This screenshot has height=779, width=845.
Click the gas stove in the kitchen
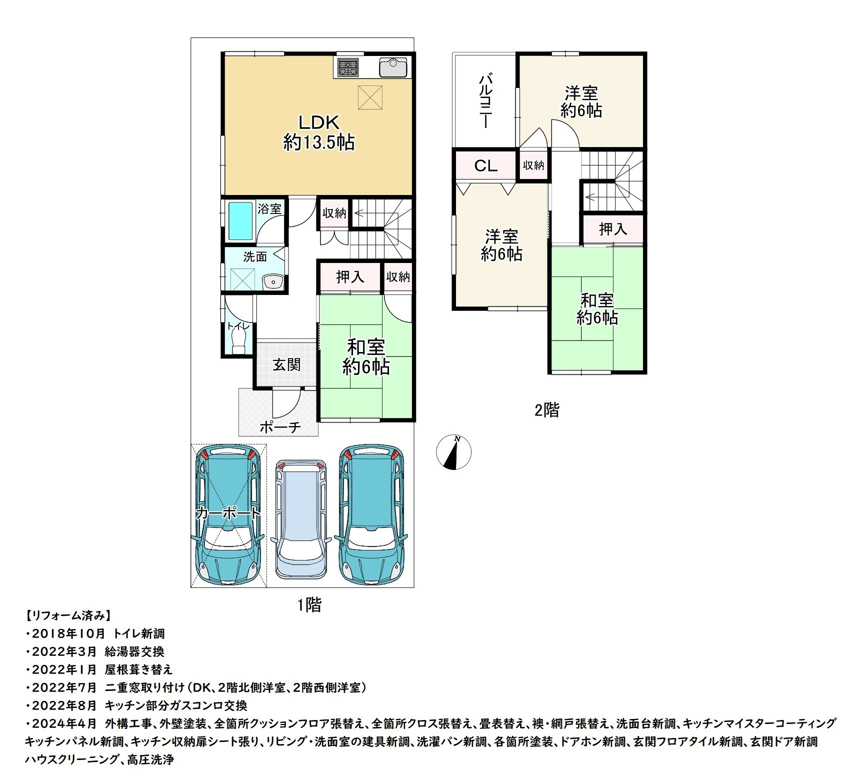347,67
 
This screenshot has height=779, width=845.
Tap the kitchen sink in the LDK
394,67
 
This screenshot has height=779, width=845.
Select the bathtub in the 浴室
240,221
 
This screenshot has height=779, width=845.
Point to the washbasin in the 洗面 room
273,282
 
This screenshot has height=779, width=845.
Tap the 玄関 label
286,365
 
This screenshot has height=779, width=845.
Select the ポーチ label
280,427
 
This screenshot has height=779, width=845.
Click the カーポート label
228,513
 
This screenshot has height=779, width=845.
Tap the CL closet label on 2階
485,166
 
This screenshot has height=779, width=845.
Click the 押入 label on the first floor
350,276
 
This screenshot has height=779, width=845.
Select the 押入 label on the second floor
612,229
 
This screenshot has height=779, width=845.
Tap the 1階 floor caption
309,605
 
